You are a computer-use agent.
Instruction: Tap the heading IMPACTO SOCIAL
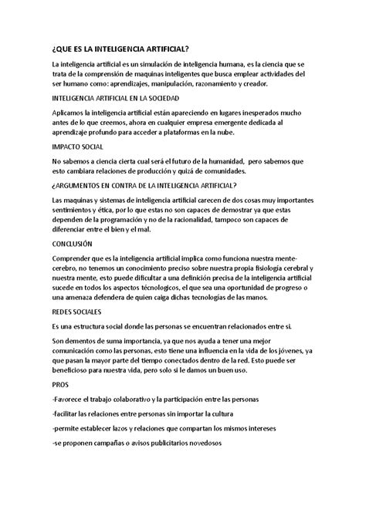coord(78,146)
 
